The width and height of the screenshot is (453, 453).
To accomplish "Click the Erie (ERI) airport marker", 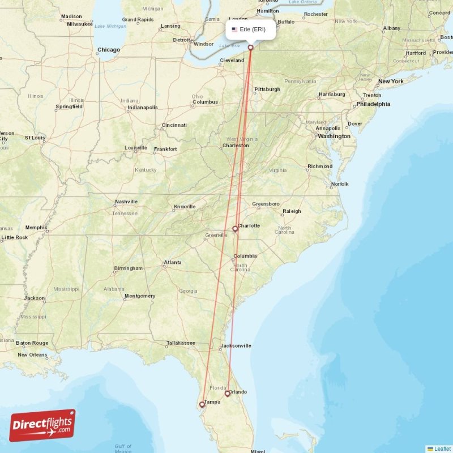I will point(250,48).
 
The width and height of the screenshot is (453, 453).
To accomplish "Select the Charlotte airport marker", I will point(235,229).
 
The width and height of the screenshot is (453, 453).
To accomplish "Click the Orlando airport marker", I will point(228,394).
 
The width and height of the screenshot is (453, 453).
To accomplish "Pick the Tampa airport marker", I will point(202,405).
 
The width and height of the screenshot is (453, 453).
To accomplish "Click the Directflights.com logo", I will point(42,425).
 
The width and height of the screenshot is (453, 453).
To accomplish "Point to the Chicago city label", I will point(109,50).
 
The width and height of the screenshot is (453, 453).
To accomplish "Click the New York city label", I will point(391,82).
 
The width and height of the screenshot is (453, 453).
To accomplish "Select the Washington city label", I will point(334,136).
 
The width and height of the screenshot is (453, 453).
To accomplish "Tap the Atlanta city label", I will point(173,263).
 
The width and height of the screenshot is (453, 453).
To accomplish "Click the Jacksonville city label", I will point(236,345).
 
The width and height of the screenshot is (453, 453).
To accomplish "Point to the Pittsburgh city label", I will point(267,89).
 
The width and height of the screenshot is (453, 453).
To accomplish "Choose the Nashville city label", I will point(126,202).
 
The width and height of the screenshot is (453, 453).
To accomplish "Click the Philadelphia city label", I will point(373,104).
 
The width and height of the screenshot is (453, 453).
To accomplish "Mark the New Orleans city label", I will point(32,355).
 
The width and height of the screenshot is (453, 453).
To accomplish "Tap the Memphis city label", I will point(37,228).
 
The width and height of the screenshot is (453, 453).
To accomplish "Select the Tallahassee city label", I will point(181,343).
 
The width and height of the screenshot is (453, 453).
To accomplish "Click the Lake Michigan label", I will point(110,27).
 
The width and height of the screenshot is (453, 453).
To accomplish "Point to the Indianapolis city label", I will point(142,108).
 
